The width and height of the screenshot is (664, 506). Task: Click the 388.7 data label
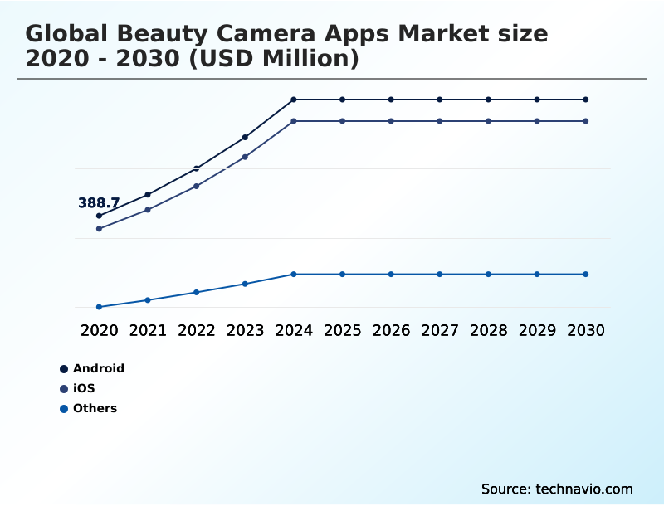click(99, 203)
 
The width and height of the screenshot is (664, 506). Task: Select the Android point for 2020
click(99, 216)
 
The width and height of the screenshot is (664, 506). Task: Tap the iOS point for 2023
click(245, 157)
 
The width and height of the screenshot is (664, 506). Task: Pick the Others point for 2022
click(197, 292)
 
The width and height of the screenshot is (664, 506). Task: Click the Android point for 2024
click(294, 100)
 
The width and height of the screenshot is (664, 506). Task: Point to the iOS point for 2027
click(440, 121)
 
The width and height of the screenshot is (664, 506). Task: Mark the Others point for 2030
click(586, 274)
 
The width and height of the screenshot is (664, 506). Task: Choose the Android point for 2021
click(148, 195)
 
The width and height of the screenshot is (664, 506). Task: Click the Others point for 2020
click(99, 307)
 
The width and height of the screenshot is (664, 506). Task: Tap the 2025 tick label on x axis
click(342, 330)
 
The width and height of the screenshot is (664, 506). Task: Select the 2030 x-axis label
click(586, 330)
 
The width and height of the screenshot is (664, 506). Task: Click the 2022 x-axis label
click(197, 330)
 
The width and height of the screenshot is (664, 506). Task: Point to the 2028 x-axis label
click(488, 330)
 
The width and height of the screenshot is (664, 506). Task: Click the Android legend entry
click(98, 368)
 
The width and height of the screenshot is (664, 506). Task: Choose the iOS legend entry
click(84, 388)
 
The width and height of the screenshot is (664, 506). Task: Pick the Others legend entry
click(95, 408)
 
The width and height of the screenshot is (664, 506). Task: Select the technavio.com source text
click(583, 489)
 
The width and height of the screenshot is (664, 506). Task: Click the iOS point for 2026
click(391, 121)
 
